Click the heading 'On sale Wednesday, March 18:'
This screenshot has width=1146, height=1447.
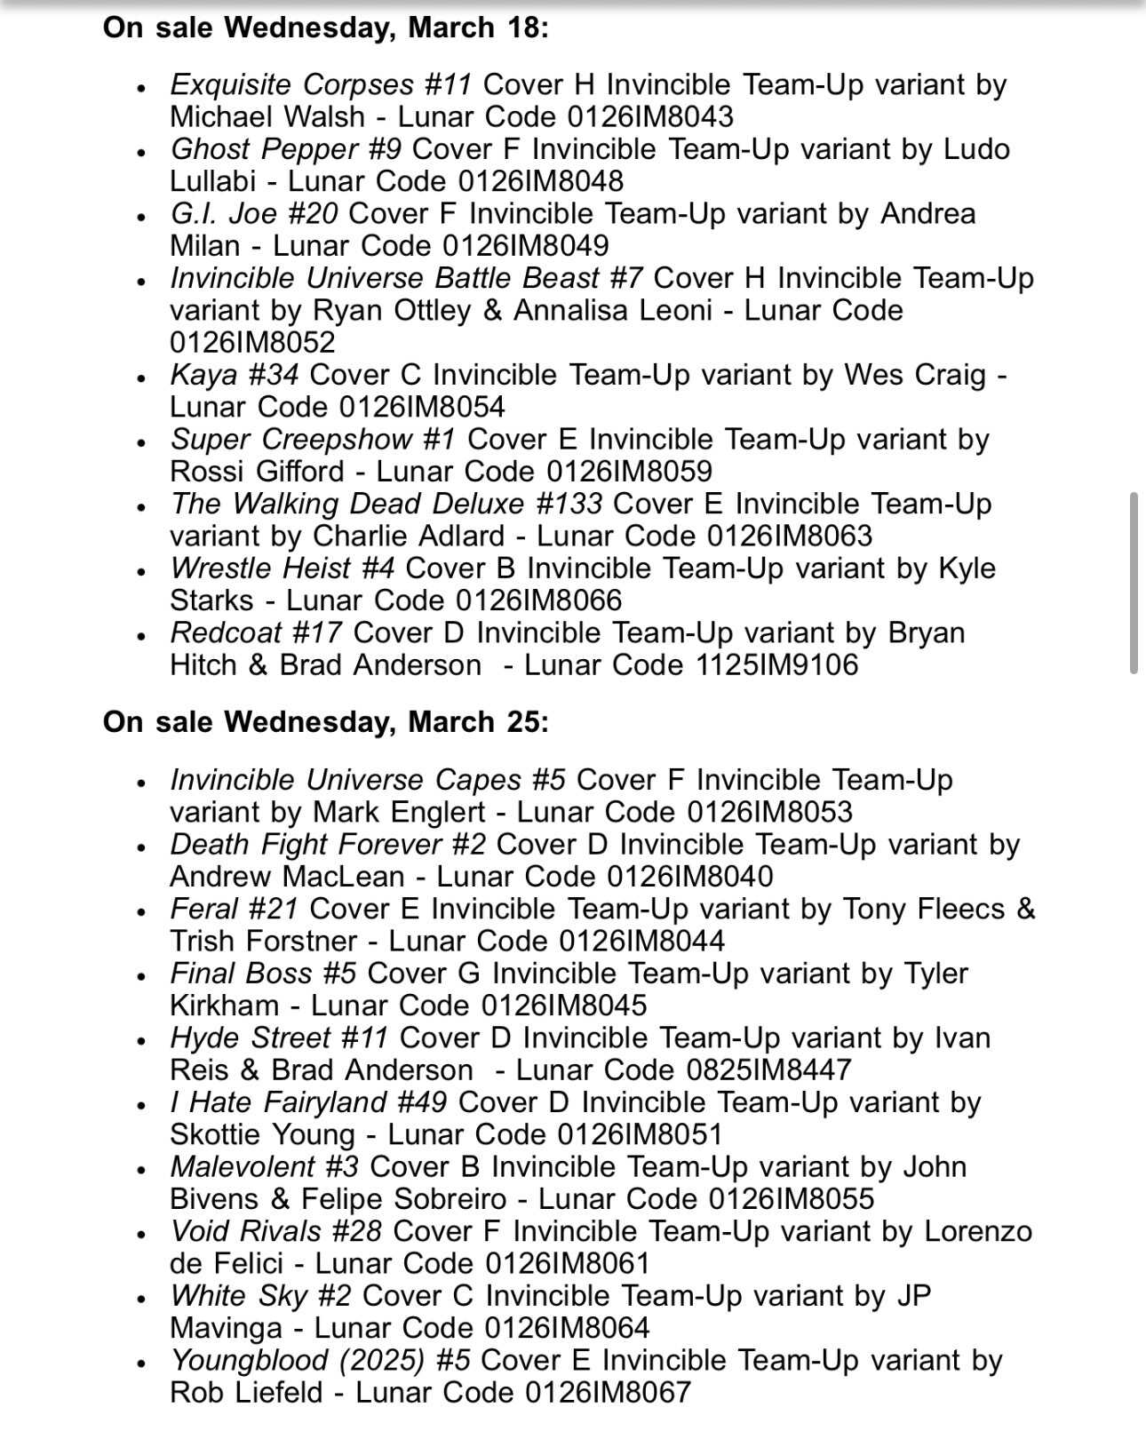(x=326, y=28)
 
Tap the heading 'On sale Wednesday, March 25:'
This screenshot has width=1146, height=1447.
(x=326, y=721)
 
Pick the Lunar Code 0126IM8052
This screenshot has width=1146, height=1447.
(x=252, y=342)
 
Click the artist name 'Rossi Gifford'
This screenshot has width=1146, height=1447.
(x=257, y=471)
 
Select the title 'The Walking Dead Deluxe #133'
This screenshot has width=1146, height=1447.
(x=386, y=504)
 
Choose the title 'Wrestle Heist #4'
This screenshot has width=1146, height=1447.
(x=283, y=568)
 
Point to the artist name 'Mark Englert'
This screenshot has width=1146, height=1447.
(x=399, y=812)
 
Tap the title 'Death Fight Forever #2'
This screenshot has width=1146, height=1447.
(x=328, y=844)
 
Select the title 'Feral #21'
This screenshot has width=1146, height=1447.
(x=234, y=909)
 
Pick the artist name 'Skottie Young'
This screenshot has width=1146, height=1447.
(x=262, y=1134)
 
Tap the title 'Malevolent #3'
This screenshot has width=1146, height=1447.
(x=264, y=1166)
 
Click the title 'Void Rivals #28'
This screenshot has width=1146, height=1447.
(x=275, y=1231)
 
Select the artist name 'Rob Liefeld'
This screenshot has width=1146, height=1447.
(x=246, y=1392)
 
